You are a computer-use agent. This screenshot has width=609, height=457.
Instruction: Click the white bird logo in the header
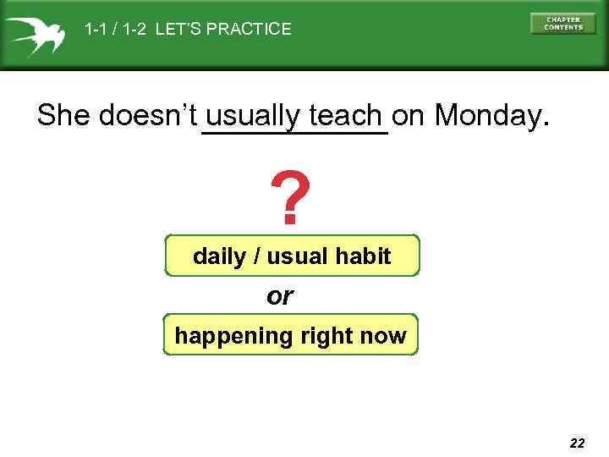(x=34, y=35)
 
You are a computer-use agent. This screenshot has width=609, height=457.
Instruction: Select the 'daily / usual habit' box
(x=292, y=256)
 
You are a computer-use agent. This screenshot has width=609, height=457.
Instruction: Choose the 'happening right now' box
(x=290, y=336)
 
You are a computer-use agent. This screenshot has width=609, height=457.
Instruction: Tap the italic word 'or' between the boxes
(x=279, y=296)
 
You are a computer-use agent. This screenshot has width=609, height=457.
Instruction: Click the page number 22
(x=577, y=443)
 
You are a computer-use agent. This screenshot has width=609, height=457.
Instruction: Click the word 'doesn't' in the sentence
(x=148, y=115)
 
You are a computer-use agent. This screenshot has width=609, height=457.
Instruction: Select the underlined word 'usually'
(x=254, y=116)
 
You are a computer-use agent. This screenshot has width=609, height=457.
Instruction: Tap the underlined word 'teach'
(x=346, y=115)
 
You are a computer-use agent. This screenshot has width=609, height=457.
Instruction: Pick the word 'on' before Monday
(x=409, y=115)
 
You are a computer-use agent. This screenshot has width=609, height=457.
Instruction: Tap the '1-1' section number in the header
(x=96, y=30)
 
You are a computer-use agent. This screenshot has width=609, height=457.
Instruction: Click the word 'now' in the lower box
(x=385, y=336)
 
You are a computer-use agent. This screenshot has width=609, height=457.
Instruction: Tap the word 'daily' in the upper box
(x=219, y=256)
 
